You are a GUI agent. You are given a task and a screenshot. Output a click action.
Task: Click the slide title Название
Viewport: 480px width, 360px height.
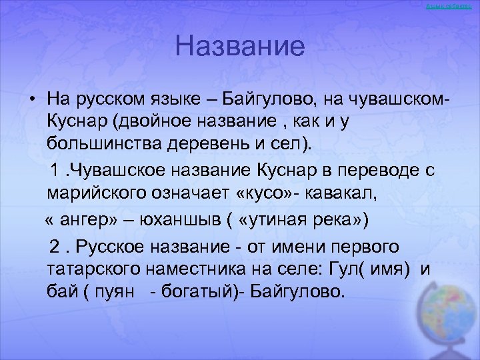pyautogui.click(x=240, y=47)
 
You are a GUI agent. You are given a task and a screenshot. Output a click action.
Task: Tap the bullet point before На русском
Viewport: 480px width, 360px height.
pyautogui.click(x=32, y=99)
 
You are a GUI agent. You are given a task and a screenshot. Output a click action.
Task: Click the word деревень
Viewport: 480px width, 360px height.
pyautogui.click(x=201, y=144)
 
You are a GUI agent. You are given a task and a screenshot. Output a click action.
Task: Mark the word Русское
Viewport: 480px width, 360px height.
pyautogui.click(x=109, y=247)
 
